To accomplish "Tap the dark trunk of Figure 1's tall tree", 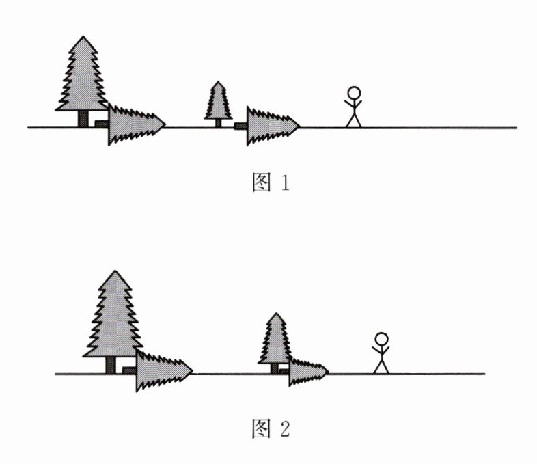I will [x=83, y=119].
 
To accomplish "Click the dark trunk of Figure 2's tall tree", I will [x=111, y=365].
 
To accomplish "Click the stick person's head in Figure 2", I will [x=381, y=339].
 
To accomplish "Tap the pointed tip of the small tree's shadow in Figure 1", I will [x=300, y=125].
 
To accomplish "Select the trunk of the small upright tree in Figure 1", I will [x=219, y=122].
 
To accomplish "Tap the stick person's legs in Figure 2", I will [x=381, y=366].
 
